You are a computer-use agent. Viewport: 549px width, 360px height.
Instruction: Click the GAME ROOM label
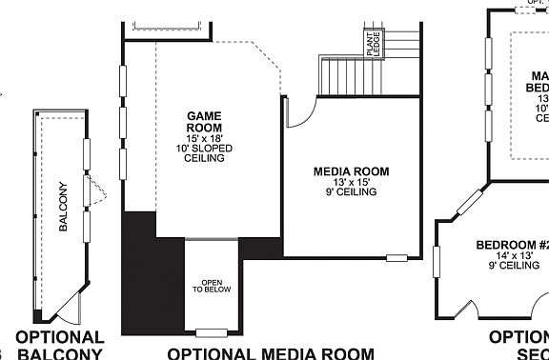click(204, 121)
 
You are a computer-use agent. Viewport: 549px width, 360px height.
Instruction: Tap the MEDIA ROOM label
click(352, 171)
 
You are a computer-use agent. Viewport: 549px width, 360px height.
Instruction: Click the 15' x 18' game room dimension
click(204, 138)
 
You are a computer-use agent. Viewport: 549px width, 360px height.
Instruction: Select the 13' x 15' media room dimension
click(352, 182)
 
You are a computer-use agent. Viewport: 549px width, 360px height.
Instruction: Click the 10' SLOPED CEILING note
click(204, 153)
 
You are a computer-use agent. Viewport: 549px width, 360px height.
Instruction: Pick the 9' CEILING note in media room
click(352, 192)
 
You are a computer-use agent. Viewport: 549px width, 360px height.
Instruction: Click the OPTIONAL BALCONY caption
click(60, 347)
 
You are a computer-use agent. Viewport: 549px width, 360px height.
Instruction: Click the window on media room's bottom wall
click(396, 256)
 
